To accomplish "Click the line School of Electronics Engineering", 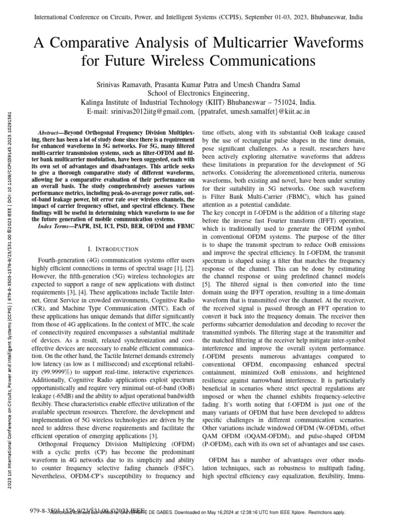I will tap(198, 93).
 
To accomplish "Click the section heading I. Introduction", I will tap(112, 249).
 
